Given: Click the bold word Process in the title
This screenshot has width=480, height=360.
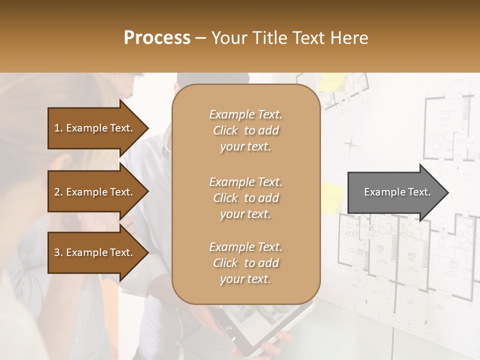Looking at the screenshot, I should pos(157,38).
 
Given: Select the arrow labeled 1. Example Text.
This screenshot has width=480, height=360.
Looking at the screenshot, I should pos(95,128).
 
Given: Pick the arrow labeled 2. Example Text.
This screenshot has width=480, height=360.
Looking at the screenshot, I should pos(95,192).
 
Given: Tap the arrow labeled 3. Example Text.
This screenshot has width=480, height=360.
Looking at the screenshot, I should pos(95,252).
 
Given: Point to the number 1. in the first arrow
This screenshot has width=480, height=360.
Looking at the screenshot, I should pos(58,128).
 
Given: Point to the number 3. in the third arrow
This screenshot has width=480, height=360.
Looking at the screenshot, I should pos(58,252).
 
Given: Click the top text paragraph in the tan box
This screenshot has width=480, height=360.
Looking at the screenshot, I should pos(245,130).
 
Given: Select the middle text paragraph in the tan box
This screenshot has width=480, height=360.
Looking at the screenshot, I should pos(245,198).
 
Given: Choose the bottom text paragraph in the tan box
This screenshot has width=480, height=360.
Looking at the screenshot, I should pos(245,263).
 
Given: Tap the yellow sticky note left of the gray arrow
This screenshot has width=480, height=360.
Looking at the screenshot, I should pos(331,198).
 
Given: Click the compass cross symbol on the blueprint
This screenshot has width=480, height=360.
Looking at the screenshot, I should pos(351,144).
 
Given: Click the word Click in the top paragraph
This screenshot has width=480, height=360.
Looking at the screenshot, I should pos(225,130).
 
